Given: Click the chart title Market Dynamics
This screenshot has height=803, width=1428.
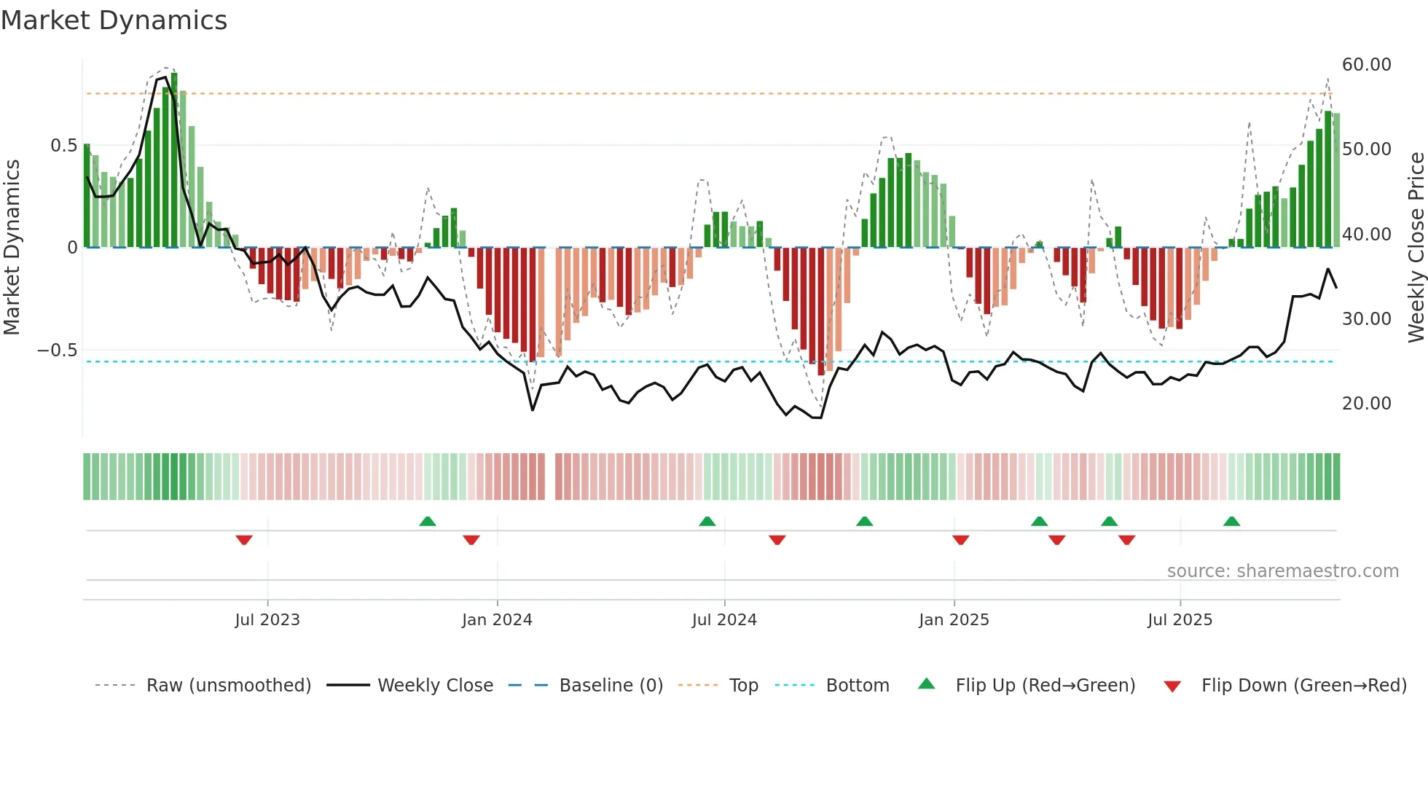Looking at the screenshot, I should click(x=114, y=20).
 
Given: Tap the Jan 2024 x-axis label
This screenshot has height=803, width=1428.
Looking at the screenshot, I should click(x=497, y=620).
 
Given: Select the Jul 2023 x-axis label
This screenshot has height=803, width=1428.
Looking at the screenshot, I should click(x=267, y=620).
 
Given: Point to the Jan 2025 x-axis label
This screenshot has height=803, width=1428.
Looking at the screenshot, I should click(x=954, y=620).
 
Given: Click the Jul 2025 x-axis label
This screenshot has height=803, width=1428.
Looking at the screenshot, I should click(x=1180, y=620).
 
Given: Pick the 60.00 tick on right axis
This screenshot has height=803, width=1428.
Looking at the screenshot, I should click(x=1366, y=65).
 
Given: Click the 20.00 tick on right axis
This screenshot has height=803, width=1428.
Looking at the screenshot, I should click(x=1366, y=404).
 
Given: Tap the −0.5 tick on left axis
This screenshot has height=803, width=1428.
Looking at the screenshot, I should click(x=57, y=350).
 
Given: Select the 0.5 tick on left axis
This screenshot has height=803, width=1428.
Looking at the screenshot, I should click(x=63, y=146).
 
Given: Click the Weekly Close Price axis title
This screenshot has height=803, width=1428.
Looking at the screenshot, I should click(x=1416, y=248).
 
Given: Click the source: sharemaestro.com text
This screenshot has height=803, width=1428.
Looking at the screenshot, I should click(x=1282, y=571).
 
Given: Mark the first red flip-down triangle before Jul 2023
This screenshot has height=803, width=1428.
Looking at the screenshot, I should click(x=244, y=540).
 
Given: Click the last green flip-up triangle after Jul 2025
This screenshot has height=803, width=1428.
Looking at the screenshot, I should click(x=1231, y=522).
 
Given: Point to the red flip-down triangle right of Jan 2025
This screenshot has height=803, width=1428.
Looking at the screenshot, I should click(x=960, y=540).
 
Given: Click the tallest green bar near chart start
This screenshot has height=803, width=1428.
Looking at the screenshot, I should click(x=174, y=160).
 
